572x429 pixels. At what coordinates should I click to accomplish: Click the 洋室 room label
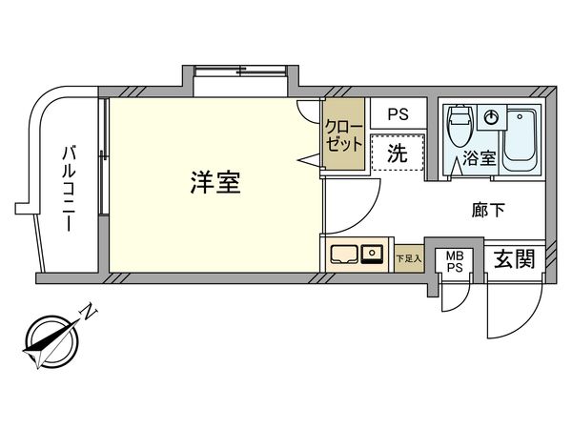point(214,183)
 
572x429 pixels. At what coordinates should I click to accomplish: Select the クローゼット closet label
point(343,136)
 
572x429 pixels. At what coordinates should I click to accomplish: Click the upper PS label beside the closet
point(398,113)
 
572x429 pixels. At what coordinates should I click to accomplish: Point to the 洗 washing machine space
point(398,153)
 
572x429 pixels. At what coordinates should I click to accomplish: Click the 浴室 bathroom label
point(480,158)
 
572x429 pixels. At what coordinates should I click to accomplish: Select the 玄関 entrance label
point(513,258)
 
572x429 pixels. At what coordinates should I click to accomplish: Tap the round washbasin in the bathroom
point(491,116)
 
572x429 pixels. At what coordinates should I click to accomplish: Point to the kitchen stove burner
point(373,255)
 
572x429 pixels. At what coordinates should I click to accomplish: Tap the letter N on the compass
point(88,310)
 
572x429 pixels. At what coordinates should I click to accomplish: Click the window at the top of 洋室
point(242,71)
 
